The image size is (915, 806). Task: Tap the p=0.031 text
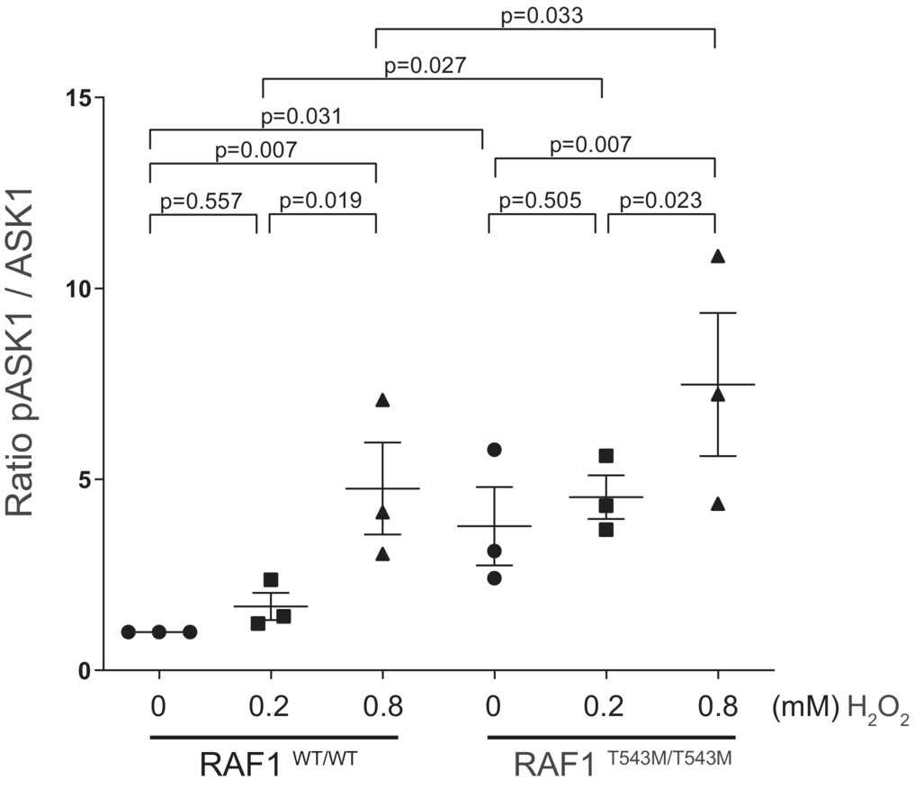tap(301, 116)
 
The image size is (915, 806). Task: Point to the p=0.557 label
tap(201, 200)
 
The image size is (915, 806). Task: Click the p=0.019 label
tap(321, 200)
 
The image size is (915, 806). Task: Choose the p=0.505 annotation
tap(540, 200)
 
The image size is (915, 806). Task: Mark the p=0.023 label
tap(660, 200)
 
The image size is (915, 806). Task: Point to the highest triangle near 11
tap(718, 256)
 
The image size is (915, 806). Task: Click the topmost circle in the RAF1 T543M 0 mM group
tap(494, 450)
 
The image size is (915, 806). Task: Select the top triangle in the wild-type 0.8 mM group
tap(382, 400)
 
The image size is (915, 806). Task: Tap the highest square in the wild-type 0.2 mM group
tap(271, 580)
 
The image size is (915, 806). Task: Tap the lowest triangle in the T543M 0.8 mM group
tap(718, 504)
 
